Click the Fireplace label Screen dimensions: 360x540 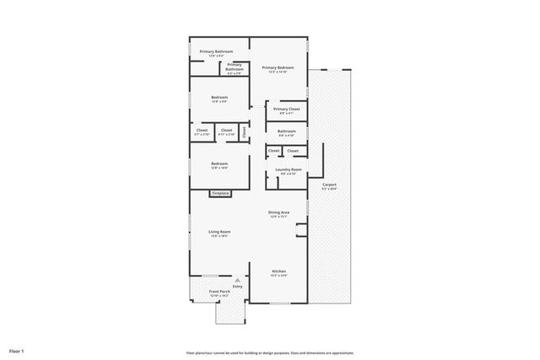coord(219,193)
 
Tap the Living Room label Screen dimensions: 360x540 coord(219,231)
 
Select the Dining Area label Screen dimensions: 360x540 coord(278,212)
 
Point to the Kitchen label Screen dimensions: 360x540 coord(278,271)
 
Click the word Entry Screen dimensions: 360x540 coord(237,286)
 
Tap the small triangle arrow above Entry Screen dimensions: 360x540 coord(237,279)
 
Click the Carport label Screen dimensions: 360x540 coord(329,184)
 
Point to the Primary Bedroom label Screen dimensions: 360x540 coord(278,67)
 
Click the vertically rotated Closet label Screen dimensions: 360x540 coord(245,132)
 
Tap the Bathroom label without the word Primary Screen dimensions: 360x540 coord(287,131)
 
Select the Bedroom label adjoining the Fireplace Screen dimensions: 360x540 coord(219,163)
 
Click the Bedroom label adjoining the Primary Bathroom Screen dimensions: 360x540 coord(219,97)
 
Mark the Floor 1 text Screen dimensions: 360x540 coord(17,350)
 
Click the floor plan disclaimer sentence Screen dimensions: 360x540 coord(270,353)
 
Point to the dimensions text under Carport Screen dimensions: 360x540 coord(329,189)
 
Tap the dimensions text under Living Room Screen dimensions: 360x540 coord(219,236)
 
